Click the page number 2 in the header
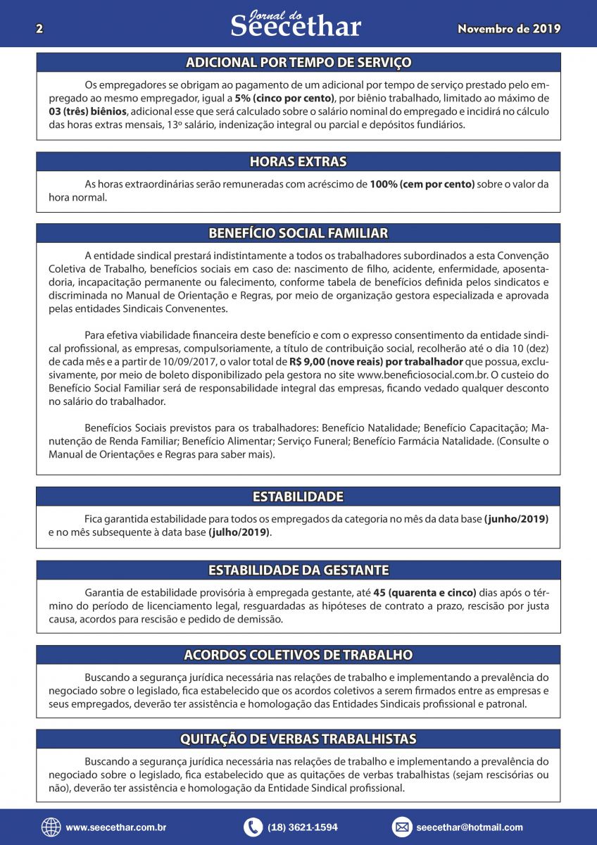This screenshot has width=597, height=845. (39, 29)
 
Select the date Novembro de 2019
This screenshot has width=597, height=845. (509, 29)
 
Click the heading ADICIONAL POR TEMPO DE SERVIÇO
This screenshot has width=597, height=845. (298, 63)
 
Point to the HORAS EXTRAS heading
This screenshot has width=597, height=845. (298, 162)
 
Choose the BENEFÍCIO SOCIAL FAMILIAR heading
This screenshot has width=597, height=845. (298, 233)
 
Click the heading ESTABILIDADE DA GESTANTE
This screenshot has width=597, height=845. (298, 570)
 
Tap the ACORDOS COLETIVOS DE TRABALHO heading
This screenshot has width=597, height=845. (298, 655)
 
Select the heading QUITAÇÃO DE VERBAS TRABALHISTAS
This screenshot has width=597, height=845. (298, 739)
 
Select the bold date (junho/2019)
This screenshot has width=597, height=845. (516, 519)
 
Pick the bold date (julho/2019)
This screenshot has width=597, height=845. (239, 532)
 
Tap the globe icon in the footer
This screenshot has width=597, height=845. (51, 827)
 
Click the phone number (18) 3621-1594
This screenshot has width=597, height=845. (303, 827)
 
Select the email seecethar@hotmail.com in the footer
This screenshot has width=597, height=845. (470, 827)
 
